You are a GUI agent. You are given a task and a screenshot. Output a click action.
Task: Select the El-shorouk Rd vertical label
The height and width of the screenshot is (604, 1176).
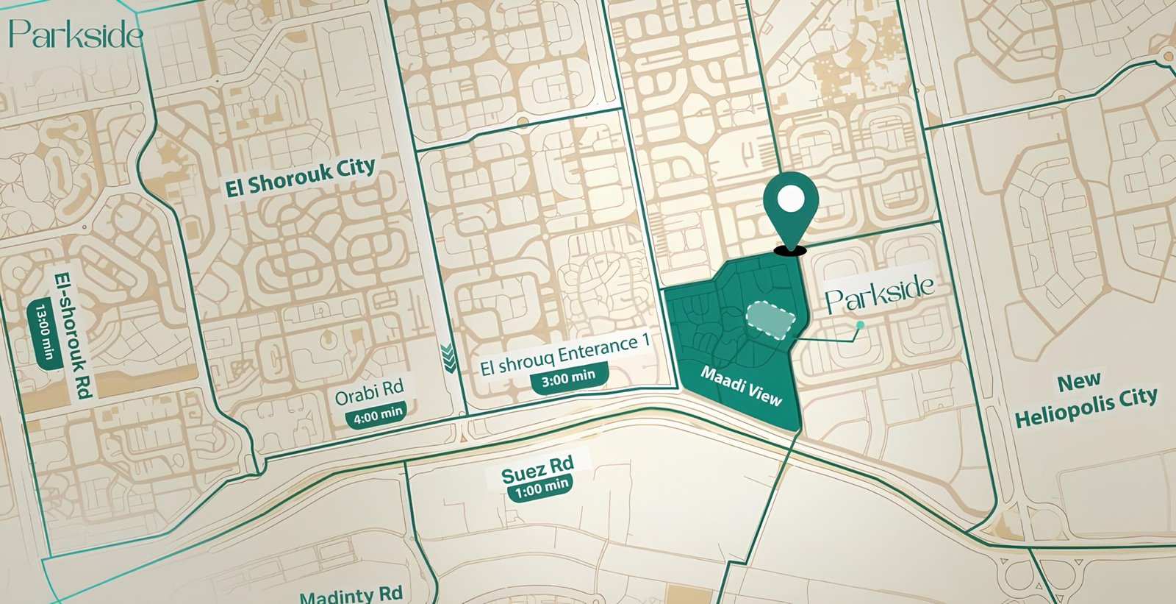click(x=74, y=335)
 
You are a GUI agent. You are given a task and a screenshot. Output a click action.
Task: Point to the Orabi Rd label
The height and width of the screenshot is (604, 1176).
click(x=369, y=394)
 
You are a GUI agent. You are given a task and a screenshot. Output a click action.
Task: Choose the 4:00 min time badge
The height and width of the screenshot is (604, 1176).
click(x=379, y=415)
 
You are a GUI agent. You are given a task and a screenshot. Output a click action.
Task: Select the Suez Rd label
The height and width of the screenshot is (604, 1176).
click(x=537, y=469)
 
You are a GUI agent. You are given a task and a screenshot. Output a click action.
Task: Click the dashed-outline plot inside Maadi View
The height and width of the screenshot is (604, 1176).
click(x=772, y=321)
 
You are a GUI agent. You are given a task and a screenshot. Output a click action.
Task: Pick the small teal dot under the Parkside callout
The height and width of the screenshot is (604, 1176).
click(x=860, y=324)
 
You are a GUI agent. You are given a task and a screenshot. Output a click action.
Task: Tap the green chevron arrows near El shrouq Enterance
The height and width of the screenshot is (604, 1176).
click(x=447, y=358)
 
